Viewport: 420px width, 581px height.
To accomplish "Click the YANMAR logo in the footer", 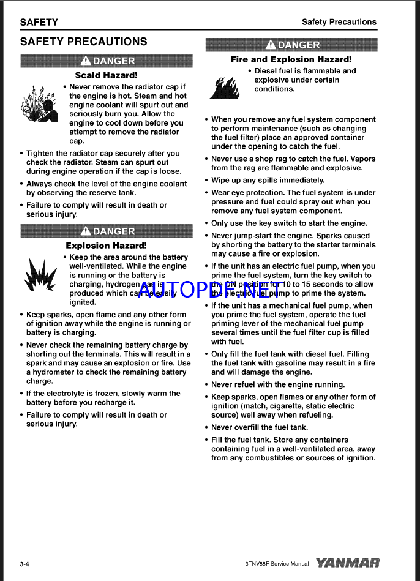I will tap(348, 563).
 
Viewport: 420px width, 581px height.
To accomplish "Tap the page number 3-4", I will tap(24, 564).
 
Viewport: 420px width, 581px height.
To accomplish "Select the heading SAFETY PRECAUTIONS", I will tap(83, 42).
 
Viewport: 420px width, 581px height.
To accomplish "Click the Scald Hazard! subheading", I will tap(106, 75).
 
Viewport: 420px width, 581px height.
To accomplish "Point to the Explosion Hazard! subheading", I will tap(106, 246).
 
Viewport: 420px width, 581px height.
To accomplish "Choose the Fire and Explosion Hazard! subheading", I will tap(291, 59).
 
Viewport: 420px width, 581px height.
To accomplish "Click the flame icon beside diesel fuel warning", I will tap(223, 87).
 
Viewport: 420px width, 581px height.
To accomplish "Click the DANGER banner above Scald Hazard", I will tap(107, 61).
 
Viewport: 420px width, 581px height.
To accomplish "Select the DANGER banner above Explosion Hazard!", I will tap(107, 231).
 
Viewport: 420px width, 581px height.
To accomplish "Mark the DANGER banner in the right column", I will tap(291, 45).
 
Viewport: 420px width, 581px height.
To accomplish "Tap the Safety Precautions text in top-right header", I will tap(339, 22).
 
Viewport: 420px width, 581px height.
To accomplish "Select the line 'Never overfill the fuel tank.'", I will tap(260, 427).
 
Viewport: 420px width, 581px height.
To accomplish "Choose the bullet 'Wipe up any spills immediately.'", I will tap(268, 180).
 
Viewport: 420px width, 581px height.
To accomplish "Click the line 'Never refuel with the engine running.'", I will tap(278, 384).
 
